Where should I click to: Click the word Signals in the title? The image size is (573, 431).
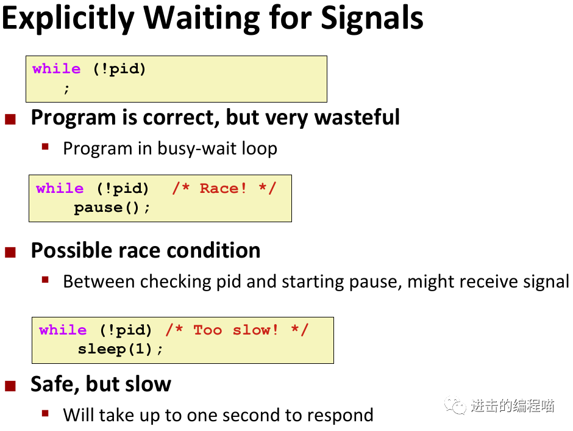pyautogui.click(x=372, y=18)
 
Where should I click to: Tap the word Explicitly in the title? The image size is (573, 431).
pyautogui.click(x=68, y=19)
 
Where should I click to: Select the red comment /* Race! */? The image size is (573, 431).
pyautogui.click(x=224, y=189)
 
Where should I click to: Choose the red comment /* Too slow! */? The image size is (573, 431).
pyautogui.click(x=237, y=330)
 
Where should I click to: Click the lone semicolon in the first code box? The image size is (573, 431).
pyautogui.click(x=66, y=89)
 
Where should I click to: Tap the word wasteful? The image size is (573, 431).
pyautogui.click(x=357, y=117)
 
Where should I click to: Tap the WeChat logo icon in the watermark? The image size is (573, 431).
pyautogui.click(x=455, y=405)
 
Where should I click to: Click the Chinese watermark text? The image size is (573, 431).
pyautogui.click(x=513, y=406)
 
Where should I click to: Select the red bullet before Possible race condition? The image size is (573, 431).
pyautogui.click(x=10, y=253)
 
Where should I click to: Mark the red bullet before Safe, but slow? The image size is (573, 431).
pyautogui.click(x=10, y=386)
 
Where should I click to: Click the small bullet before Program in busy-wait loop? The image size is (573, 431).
pyautogui.click(x=45, y=147)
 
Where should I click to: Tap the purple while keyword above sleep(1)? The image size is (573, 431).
pyautogui.click(x=63, y=330)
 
